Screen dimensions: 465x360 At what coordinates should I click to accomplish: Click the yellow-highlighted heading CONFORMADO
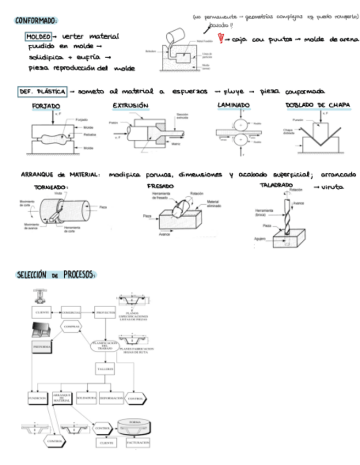coord(36,20)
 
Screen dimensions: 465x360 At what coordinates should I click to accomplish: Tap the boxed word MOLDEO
coord(38,37)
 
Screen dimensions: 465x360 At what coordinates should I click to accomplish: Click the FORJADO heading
coord(46,105)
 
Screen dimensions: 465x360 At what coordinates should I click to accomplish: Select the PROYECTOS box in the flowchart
coord(105,313)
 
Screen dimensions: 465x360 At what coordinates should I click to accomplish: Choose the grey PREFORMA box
coord(43,347)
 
